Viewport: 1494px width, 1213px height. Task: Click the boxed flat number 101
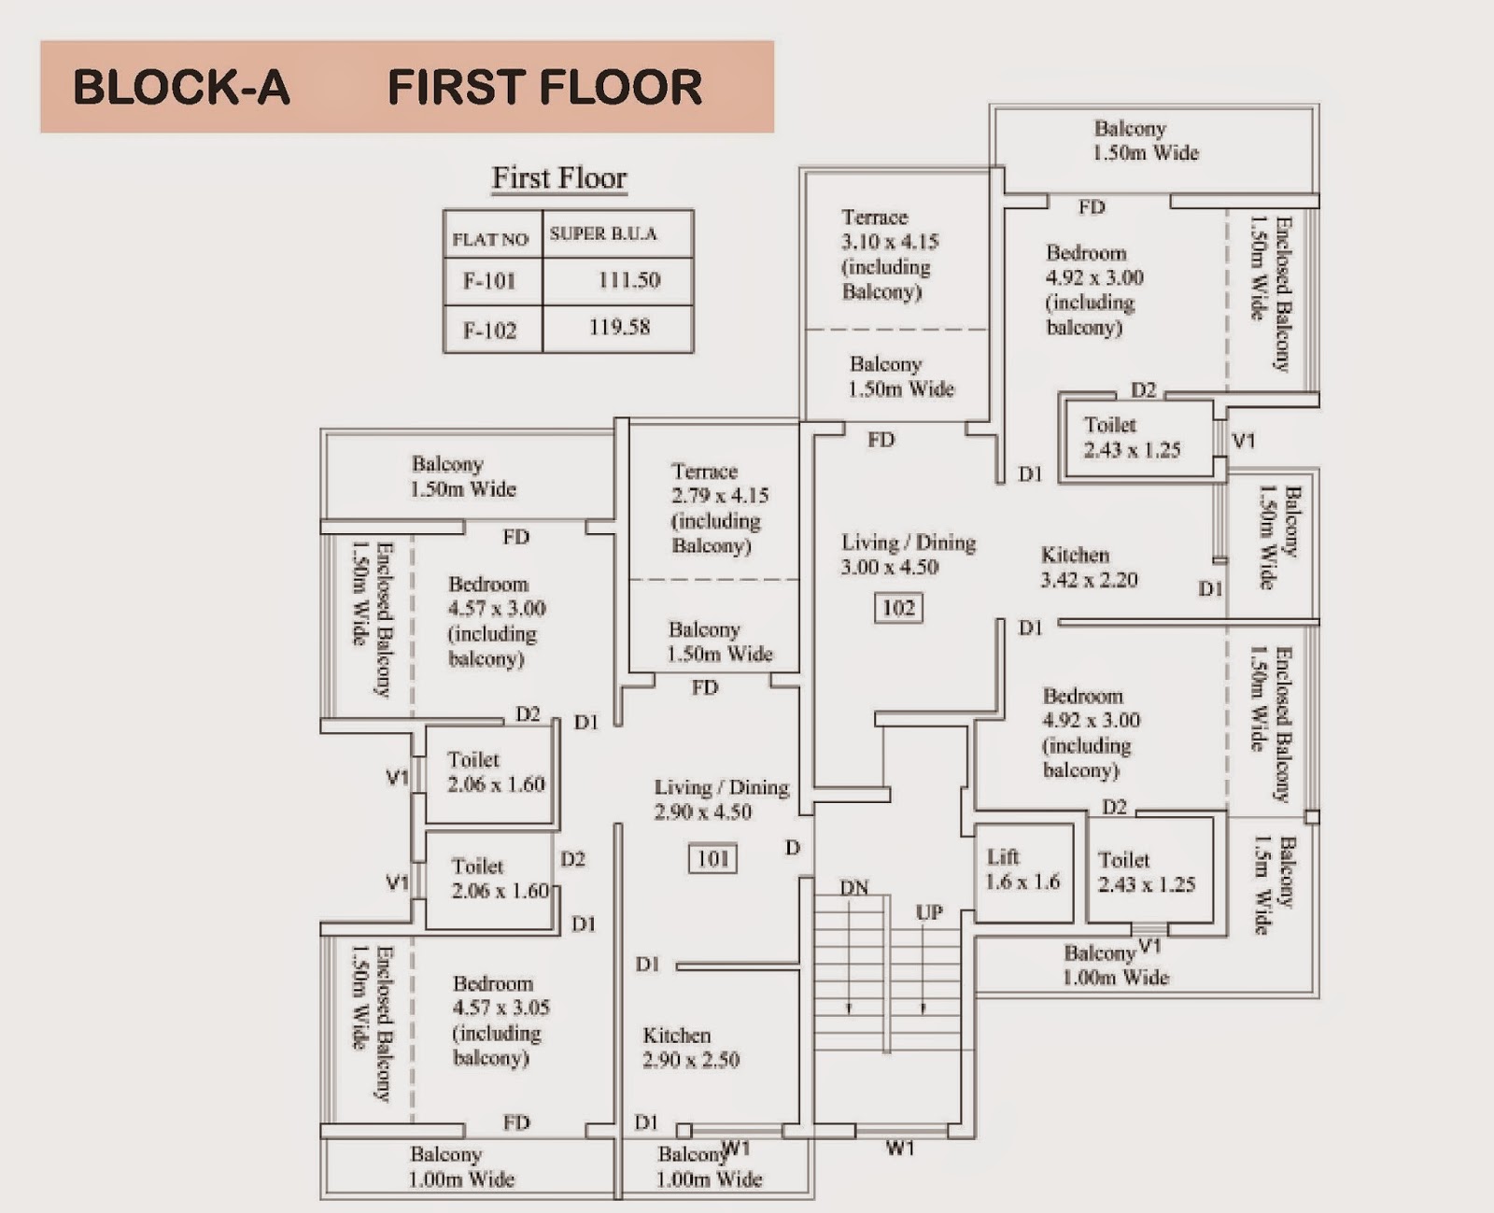pos(713,858)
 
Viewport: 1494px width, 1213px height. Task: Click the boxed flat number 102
pos(898,608)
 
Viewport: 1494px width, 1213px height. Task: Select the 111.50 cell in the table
pos(628,279)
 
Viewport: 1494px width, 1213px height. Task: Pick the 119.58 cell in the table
pos(619,328)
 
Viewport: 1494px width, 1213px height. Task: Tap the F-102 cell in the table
pos(490,330)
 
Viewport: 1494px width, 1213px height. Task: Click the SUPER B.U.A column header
pos(603,233)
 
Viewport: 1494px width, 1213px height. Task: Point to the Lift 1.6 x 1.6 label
pos(1022,869)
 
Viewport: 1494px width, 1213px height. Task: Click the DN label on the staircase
pos(854,887)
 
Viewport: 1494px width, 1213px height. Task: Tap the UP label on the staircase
pos(928,911)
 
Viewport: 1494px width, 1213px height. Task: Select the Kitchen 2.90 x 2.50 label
pos(690,1048)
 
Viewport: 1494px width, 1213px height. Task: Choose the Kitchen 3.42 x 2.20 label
pos(1089,567)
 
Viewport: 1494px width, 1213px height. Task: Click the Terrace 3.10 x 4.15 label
pos(887,254)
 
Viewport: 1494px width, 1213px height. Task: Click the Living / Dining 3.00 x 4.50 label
pos(908,555)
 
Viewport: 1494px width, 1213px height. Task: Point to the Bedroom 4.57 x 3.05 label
pos(500,1020)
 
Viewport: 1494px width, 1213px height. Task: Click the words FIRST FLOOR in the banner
pos(544,87)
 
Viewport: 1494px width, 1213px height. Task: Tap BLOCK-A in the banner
pos(181,87)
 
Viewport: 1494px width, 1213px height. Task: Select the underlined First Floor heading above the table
pos(559,177)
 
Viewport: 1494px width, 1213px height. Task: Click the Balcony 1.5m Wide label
pos(1275,886)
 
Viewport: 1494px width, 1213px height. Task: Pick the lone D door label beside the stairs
pos(793,848)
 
